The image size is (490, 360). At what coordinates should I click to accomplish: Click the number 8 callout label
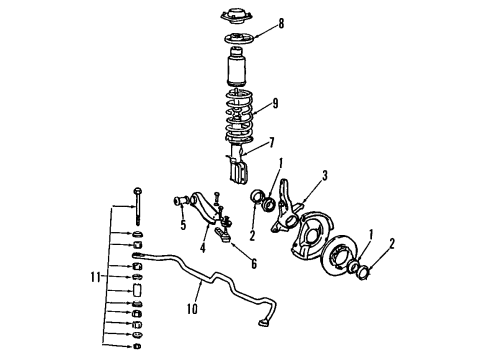click(280, 21)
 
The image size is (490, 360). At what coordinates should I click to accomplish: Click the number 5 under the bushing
click(183, 225)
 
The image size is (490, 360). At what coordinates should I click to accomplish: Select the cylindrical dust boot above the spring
click(236, 74)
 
